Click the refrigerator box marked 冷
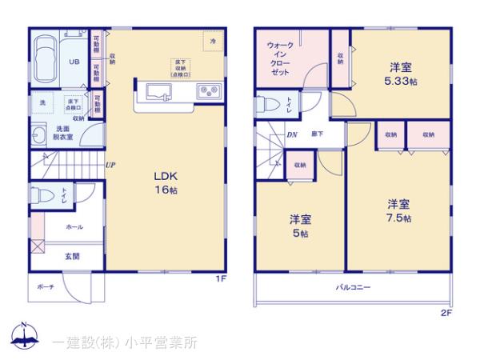pos(212,39)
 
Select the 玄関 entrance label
pos(72,257)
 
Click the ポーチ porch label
pos(45,287)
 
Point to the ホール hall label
pos(74,227)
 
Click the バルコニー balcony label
pos(350,286)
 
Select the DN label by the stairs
pos(291,134)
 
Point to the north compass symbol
pos(24,337)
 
